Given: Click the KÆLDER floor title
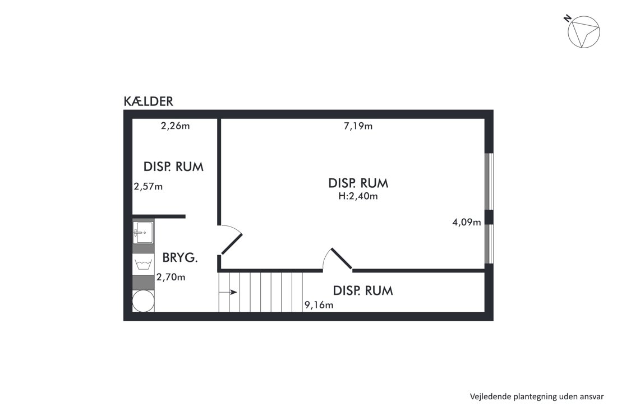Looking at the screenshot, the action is pyautogui.click(x=148, y=101).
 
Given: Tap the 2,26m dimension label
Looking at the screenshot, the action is pyautogui.click(x=175, y=126).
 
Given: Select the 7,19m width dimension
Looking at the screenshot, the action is pyautogui.click(x=358, y=126).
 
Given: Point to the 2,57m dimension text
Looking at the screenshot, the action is pyautogui.click(x=148, y=186).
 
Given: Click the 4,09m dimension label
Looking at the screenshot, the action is pyautogui.click(x=467, y=222).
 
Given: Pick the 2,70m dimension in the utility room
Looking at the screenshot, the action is pyautogui.click(x=171, y=278).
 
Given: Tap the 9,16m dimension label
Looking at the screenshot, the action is pyautogui.click(x=319, y=305).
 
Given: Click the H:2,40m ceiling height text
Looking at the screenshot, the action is pyautogui.click(x=358, y=196).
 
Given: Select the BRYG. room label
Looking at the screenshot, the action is pyautogui.click(x=180, y=258).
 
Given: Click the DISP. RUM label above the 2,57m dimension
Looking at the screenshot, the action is pyautogui.click(x=173, y=167).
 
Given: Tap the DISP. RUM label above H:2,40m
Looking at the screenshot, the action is pyautogui.click(x=358, y=183).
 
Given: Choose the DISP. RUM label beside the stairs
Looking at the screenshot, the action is pyautogui.click(x=363, y=290).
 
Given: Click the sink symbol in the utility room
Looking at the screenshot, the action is pyautogui.click(x=143, y=233).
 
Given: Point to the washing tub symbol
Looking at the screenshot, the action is pyautogui.click(x=143, y=264).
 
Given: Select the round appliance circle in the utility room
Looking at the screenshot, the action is pyautogui.click(x=143, y=301).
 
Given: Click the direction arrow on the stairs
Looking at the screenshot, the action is pyautogui.click(x=228, y=292).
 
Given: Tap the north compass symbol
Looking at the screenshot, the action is pyautogui.click(x=584, y=33).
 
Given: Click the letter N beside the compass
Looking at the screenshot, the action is pyautogui.click(x=568, y=18).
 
